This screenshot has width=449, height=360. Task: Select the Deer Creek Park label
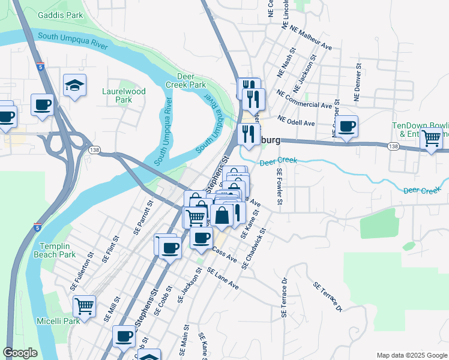[191, 81]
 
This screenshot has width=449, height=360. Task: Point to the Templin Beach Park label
[58, 250]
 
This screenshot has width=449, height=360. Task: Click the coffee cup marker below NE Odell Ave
[346, 126]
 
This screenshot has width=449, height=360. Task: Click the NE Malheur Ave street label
[311, 37]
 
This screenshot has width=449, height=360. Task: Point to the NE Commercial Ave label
[304, 100]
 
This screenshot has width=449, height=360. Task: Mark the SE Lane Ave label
[223, 279]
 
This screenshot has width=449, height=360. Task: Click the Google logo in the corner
[20, 353]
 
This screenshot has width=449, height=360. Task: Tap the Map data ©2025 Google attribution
[411, 355]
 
